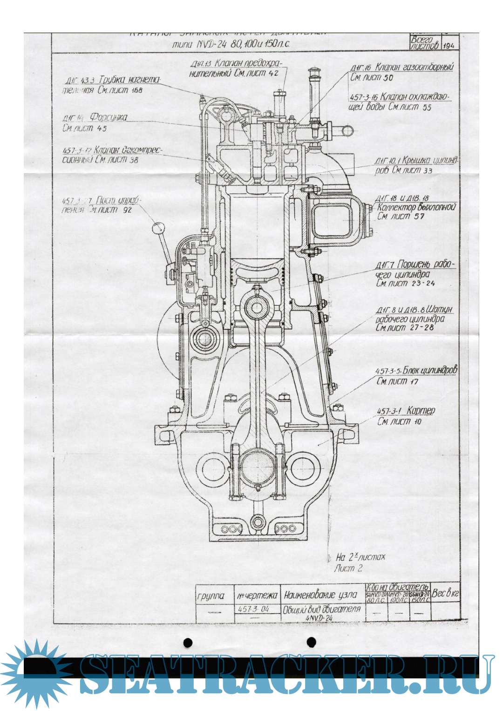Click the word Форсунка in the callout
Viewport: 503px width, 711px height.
tap(108, 117)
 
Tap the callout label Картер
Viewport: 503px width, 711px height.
tap(420, 411)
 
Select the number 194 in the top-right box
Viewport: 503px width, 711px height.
tap(449, 46)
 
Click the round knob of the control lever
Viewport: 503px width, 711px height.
tap(158, 228)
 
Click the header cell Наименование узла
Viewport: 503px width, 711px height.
tap(321, 595)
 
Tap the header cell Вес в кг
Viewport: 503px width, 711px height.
tap(445, 593)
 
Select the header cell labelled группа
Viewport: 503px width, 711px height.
tap(211, 596)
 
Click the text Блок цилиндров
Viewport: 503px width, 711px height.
tap(430, 371)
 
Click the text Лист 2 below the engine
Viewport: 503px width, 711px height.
tap(348, 569)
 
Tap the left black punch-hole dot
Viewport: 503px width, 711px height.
tap(188, 643)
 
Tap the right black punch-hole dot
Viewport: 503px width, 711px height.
tap(312, 643)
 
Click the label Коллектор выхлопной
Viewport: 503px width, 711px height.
tap(416, 207)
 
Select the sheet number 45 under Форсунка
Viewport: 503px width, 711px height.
tap(102, 128)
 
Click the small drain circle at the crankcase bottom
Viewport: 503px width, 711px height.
tap(257, 522)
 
